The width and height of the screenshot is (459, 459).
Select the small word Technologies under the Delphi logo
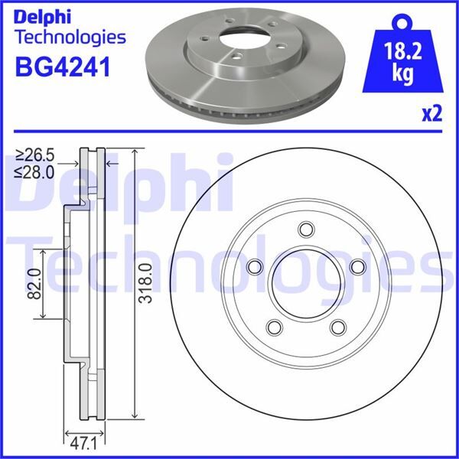pyautogui.click(x=70, y=37)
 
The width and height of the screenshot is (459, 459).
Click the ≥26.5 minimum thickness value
pyautogui.click(x=37, y=157)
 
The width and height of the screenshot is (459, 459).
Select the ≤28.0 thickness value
pyautogui.click(x=37, y=172)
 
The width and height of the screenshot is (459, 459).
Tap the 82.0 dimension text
pyautogui.click(x=33, y=284)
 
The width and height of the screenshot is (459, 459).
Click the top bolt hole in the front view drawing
pyautogui.click(x=306, y=229)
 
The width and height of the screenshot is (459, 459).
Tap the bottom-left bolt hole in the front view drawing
pyautogui.click(x=273, y=327)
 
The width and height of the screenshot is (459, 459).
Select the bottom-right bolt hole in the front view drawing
pyautogui.click(x=337, y=327)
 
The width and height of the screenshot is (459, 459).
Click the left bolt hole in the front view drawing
pyautogui.click(x=254, y=266)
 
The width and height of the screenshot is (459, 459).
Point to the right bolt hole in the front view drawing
pyautogui.click(x=357, y=266)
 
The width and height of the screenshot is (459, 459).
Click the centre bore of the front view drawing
pyautogui.click(x=306, y=284)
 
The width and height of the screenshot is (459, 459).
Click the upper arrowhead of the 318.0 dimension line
pyautogui.click(x=135, y=151)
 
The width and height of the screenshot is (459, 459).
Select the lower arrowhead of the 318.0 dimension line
pyautogui.click(x=135, y=418)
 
